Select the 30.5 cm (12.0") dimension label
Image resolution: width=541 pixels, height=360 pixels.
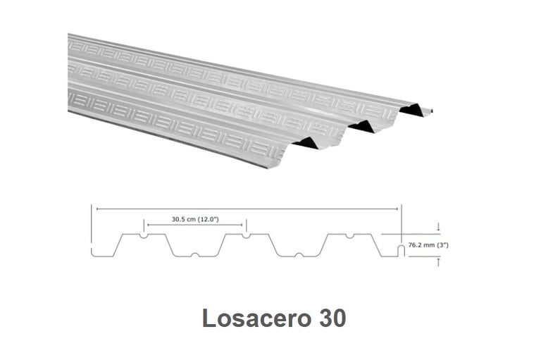[x=194, y=219]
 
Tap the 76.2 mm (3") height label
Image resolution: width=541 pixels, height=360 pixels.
[x=429, y=245]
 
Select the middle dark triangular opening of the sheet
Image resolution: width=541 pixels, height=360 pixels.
[x=361, y=126]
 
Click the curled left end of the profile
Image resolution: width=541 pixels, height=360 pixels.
[x=93, y=252]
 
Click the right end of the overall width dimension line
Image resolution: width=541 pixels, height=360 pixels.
[x=401, y=209]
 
